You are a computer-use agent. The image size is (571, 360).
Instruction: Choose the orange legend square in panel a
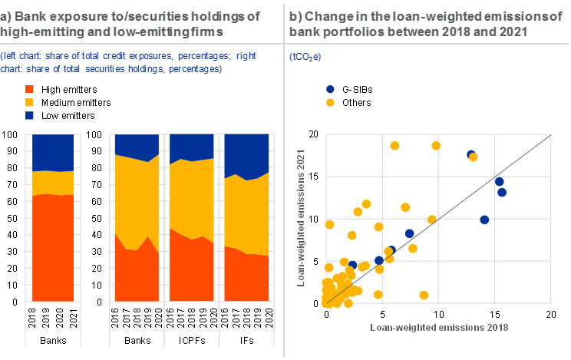click(x=29, y=102)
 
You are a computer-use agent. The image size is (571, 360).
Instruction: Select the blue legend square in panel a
click(x=29, y=115)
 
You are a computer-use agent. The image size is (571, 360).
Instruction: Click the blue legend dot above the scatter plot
click(x=330, y=89)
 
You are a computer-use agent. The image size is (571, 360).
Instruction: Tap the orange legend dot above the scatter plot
click(x=330, y=102)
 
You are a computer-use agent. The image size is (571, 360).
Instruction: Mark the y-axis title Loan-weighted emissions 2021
click(x=302, y=217)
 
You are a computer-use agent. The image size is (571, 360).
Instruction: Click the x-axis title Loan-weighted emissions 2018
click(x=440, y=327)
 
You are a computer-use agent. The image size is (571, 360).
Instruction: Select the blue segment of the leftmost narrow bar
click(x=52, y=152)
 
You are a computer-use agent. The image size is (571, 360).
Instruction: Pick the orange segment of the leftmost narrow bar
click(x=52, y=183)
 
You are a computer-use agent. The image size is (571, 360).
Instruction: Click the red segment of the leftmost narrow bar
click(x=52, y=246)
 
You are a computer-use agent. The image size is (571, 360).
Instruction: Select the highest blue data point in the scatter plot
click(x=470, y=154)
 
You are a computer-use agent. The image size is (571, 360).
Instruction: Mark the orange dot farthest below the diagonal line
click(x=424, y=295)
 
